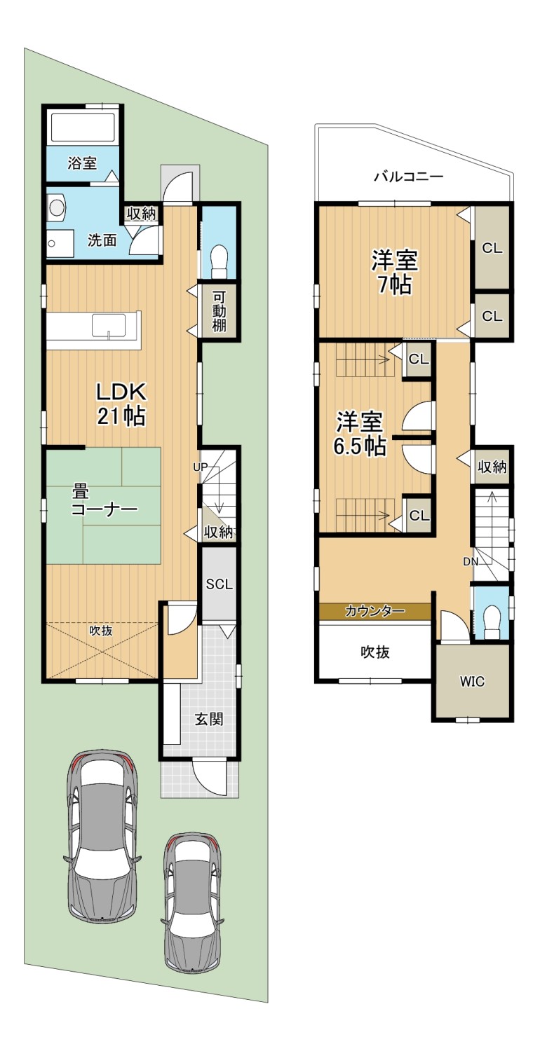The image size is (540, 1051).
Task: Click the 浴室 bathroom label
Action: point(82,163)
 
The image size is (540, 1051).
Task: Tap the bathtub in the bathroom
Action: point(83,127)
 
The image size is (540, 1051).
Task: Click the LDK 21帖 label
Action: point(121,404)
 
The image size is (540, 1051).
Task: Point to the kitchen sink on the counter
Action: point(109,325)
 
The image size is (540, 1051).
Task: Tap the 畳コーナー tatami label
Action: point(104,501)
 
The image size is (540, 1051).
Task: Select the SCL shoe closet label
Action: point(220,584)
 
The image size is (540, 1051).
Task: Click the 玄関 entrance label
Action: point(209,720)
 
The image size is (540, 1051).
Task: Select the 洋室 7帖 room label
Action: point(394,273)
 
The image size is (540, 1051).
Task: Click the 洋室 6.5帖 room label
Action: point(360,434)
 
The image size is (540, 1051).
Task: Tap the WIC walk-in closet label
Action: point(472,682)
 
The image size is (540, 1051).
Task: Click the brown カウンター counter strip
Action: point(374,611)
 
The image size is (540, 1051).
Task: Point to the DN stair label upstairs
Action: point(471,562)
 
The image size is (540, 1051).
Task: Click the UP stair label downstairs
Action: point(200,467)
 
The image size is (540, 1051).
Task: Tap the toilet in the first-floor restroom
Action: point(219,262)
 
